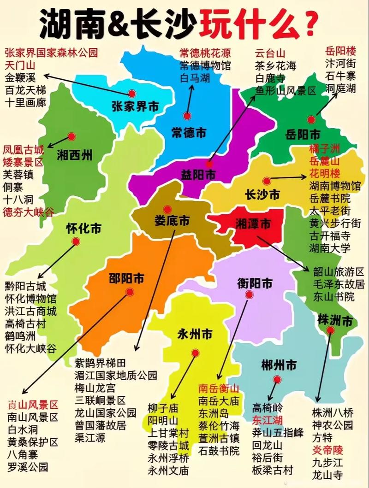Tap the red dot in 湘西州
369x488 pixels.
click(71, 136)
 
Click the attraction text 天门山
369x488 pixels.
click(20, 64)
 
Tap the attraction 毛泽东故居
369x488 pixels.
click(339, 283)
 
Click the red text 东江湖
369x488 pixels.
click(267, 420)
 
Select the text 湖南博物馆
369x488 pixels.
click(335, 187)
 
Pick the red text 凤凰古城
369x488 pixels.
click(24, 150)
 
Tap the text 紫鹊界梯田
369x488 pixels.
click(100, 363)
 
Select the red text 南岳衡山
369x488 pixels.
click(219, 388)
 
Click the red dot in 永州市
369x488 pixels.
click(195, 353)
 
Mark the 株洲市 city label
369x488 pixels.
click(335, 319)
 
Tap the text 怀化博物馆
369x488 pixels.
click(30, 299)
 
